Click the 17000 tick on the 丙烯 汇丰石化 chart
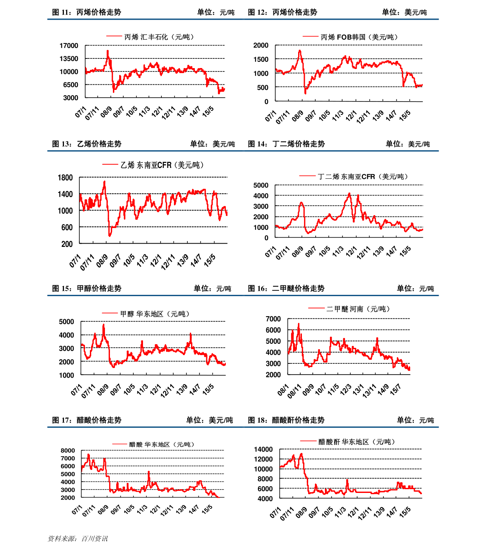[x=69, y=46]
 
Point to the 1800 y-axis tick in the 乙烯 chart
[x=65, y=178]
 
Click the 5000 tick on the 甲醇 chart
[x=66, y=322]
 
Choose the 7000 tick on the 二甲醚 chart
[x=273, y=319]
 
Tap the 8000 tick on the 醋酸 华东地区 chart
[x=68, y=450]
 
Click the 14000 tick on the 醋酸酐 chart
[x=263, y=449]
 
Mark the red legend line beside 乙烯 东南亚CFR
[x=110, y=165]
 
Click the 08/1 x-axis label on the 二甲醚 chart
[x=283, y=390]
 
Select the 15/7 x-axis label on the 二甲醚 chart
[x=396, y=389]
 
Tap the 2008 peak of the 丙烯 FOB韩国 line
[x=300, y=51]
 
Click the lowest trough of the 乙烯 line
[x=110, y=236]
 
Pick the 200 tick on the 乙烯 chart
[x=67, y=244]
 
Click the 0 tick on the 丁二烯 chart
[x=266, y=238]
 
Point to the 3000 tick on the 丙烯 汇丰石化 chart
[x=71, y=97]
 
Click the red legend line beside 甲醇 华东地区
[x=110, y=313]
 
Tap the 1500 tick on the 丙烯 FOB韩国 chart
[x=261, y=59]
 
